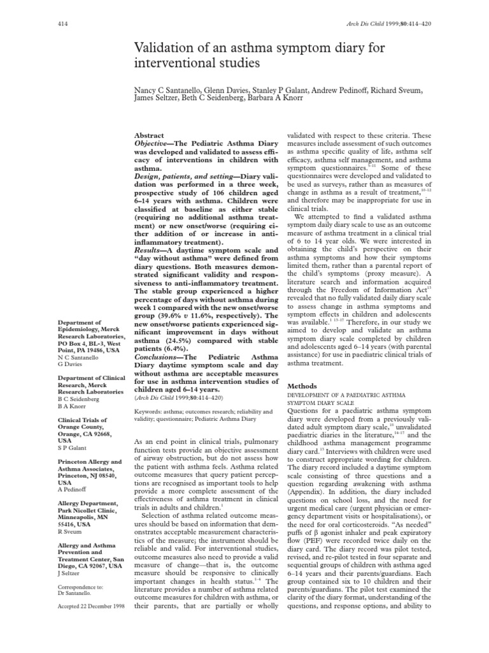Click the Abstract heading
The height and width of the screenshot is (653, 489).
click(149, 136)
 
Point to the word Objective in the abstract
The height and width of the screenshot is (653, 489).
click(157, 145)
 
